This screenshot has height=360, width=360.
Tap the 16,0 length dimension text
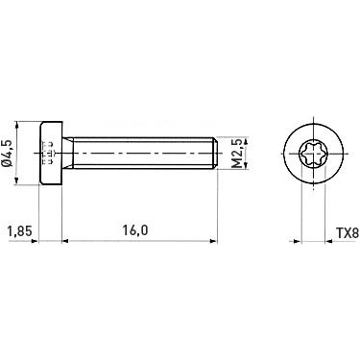[x=134, y=231]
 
